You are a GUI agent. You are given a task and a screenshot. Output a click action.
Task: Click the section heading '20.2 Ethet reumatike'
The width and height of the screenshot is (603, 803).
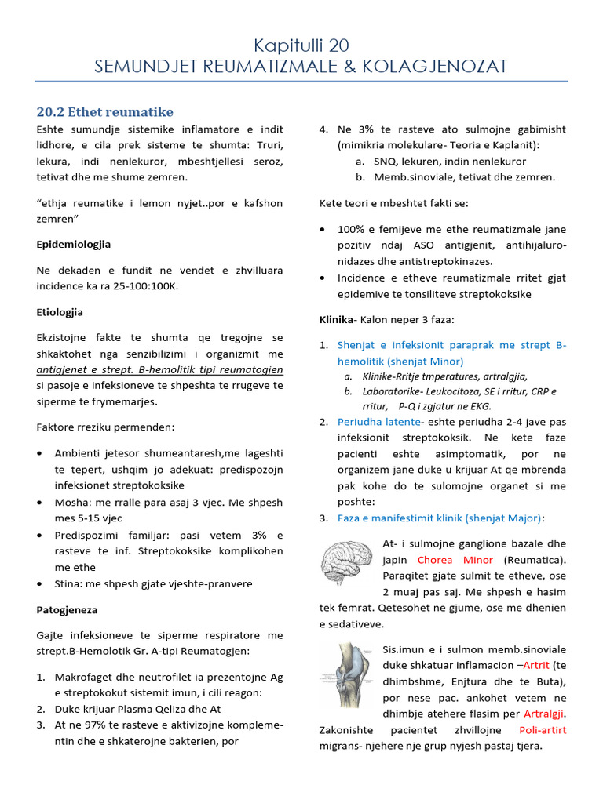pyautogui.click(x=104, y=111)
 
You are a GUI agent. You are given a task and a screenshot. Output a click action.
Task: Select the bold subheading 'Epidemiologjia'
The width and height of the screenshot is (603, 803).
pyautogui.click(x=74, y=245)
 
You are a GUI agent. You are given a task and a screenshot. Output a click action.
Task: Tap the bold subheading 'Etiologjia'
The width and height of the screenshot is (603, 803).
pyautogui.click(x=60, y=312)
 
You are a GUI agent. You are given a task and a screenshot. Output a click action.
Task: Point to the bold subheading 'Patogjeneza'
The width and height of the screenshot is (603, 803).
pyautogui.click(x=67, y=609)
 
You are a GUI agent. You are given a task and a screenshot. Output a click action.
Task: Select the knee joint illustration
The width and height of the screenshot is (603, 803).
pyautogui.click(x=346, y=672)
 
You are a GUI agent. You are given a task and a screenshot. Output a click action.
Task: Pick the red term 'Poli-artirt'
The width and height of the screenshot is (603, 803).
pyautogui.click(x=543, y=730)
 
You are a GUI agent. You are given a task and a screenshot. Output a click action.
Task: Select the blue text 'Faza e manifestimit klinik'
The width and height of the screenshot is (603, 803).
pyautogui.click(x=405, y=518)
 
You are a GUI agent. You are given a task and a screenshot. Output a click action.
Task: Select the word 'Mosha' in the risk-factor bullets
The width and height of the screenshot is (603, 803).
pyautogui.click(x=70, y=502)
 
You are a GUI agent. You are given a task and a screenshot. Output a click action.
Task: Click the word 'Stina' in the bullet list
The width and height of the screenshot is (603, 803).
pyautogui.click(x=68, y=583)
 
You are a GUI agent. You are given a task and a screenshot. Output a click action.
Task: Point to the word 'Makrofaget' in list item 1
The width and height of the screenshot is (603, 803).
pyautogui.click(x=83, y=677)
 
